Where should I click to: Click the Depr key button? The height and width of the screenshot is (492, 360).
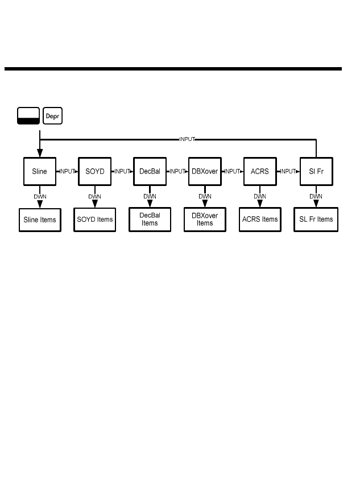click(x=53, y=116)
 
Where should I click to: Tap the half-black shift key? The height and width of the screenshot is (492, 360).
click(x=28, y=116)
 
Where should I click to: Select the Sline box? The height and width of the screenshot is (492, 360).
click(x=40, y=171)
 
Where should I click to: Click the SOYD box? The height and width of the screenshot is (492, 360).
click(x=95, y=171)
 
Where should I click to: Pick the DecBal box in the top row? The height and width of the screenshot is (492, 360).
click(x=150, y=171)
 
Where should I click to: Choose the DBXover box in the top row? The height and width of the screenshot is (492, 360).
click(x=205, y=171)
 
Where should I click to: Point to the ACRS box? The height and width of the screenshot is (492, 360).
click(x=260, y=171)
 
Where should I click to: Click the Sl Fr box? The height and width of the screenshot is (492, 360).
click(x=316, y=171)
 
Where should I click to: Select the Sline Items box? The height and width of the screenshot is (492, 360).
click(x=40, y=220)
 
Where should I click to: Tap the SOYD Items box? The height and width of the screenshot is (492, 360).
click(x=95, y=220)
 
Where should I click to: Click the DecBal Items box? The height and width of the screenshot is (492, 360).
click(x=150, y=220)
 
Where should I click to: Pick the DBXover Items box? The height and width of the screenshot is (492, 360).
click(x=205, y=220)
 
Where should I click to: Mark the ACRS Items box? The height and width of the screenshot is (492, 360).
click(x=260, y=220)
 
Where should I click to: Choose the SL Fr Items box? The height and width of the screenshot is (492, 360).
click(x=317, y=220)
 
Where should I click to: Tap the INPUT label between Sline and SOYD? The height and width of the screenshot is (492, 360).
click(x=68, y=171)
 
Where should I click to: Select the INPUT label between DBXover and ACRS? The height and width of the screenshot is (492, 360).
click(x=233, y=171)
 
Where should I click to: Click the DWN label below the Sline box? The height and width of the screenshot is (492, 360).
click(x=40, y=196)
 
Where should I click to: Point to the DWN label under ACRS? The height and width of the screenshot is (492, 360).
click(x=260, y=196)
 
